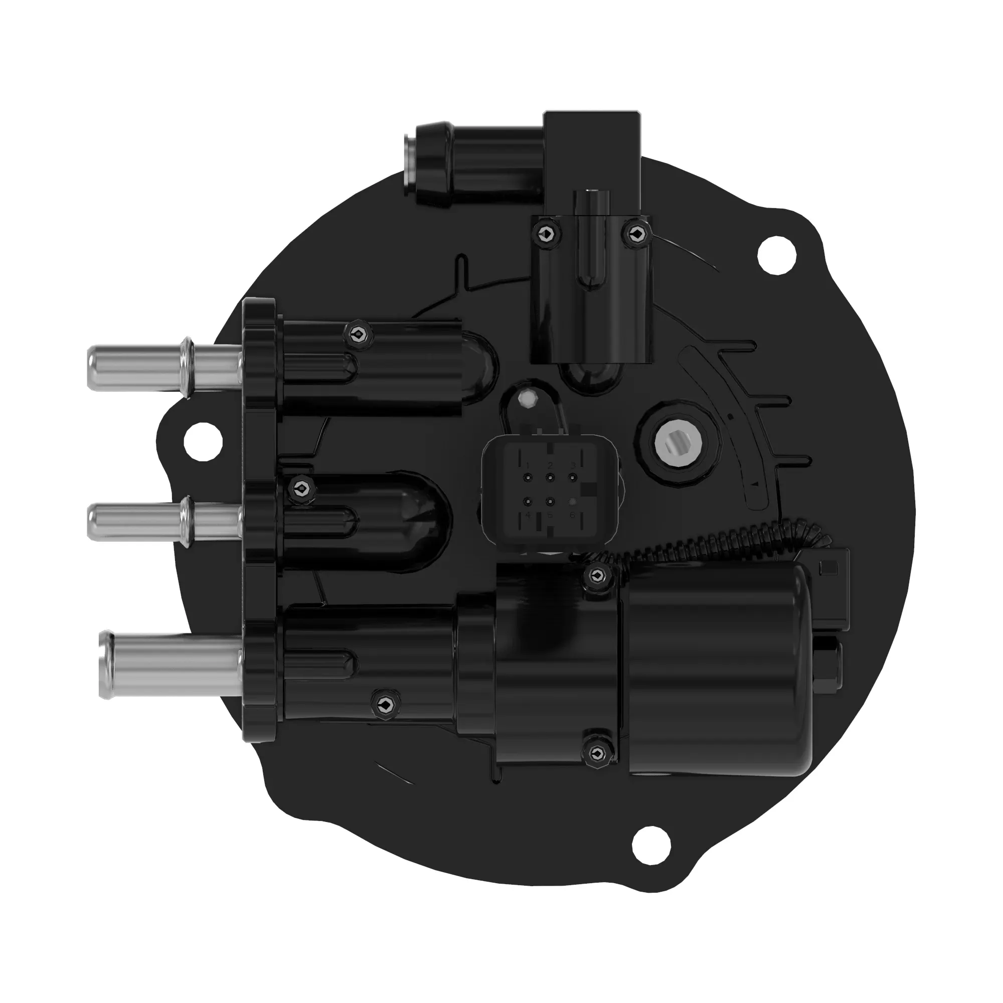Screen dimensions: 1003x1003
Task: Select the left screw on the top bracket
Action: (x=547, y=235)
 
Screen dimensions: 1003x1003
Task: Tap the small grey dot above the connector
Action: (x=529, y=399)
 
